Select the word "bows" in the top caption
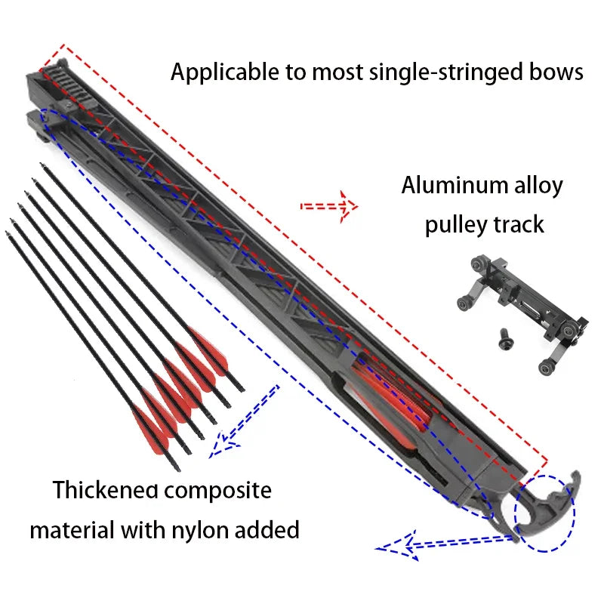(557, 72)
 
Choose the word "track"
(519, 225)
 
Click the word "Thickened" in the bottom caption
(106, 491)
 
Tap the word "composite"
(218, 491)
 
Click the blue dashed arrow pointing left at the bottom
(400, 542)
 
